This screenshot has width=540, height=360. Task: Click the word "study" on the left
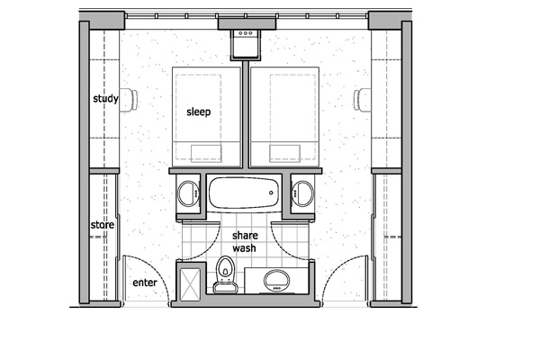(x=105, y=98)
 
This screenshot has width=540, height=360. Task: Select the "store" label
(x=102, y=224)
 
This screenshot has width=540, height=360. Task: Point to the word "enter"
(x=145, y=283)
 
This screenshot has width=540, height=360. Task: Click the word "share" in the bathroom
(x=245, y=235)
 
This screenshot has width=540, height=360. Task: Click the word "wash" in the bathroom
(x=245, y=247)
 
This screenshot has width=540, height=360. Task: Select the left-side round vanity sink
(x=189, y=193)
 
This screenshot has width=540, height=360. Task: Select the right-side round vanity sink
(x=302, y=193)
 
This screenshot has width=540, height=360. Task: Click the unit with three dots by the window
(x=246, y=41)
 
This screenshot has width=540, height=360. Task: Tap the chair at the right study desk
(x=364, y=99)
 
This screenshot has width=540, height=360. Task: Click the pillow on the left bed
(x=206, y=151)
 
